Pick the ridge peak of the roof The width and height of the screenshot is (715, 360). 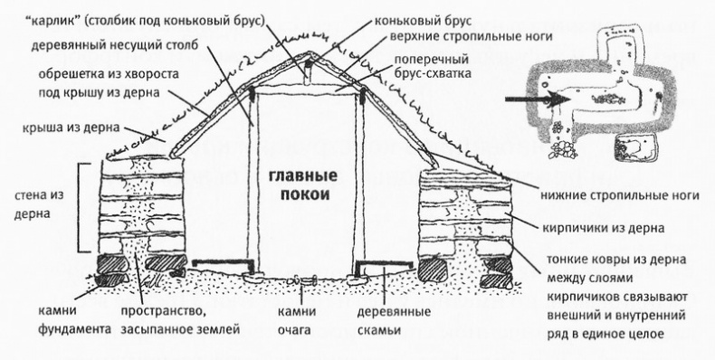click(x=310, y=55)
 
